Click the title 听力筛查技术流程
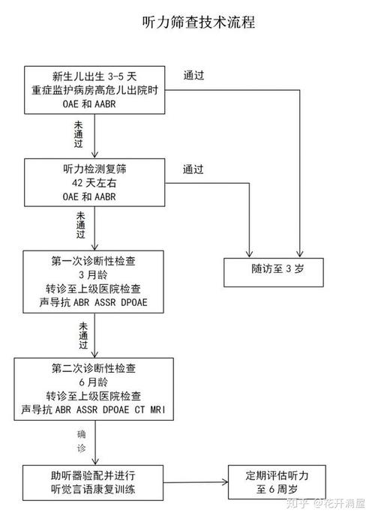point(198,22)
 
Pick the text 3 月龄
point(94,275)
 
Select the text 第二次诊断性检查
point(94,367)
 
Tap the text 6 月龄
point(94,381)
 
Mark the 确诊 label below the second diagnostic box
point(81,442)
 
